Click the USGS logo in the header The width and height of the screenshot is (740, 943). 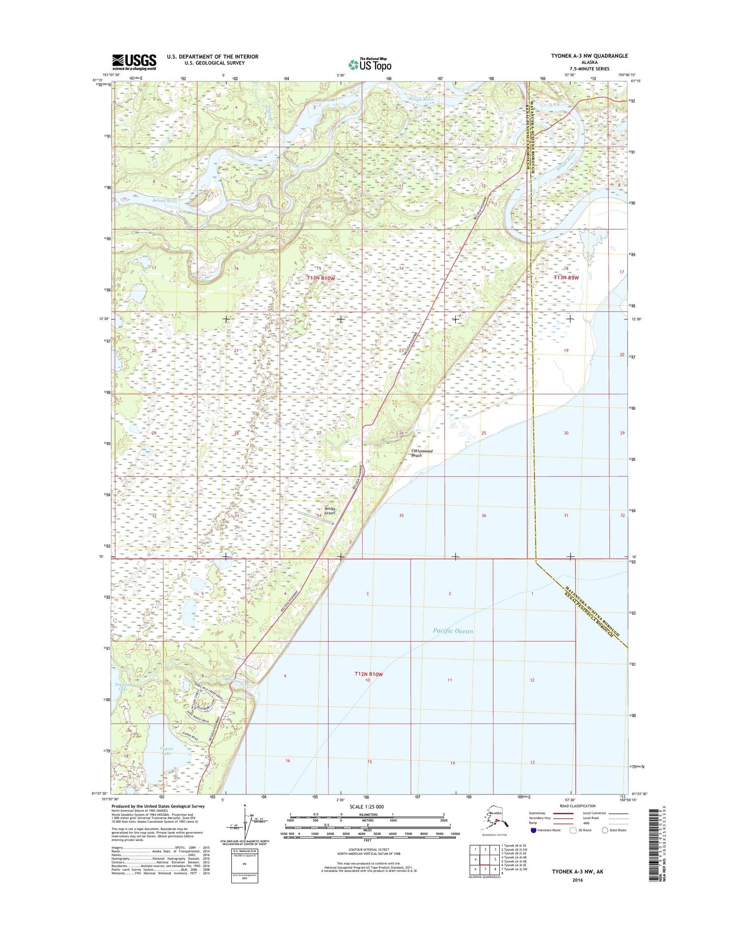pyautogui.click(x=134, y=62)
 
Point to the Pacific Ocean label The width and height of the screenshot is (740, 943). pyautogui.click(x=452, y=631)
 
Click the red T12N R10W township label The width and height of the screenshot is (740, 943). pyautogui.click(x=369, y=674)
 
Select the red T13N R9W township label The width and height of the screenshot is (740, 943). pyautogui.click(x=566, y=278)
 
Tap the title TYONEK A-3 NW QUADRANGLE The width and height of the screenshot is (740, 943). pyautogui.click(x=589, y=56)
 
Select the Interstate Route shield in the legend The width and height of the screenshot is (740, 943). pyautogui.click(x=534, y=830)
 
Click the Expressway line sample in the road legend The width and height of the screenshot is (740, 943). pyautogui.click(x=562, y=813)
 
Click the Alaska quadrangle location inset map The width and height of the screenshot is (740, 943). pyautogui.click(x=495, y=818)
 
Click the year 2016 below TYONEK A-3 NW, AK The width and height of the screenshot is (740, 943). pyautogui.click(x=577, y=880)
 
